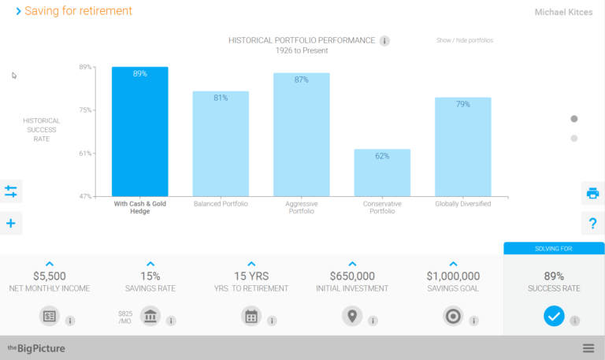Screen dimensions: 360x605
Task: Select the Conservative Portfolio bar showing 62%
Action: tap(382, 173)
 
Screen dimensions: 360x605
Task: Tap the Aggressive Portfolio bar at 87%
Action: tap(301, 135)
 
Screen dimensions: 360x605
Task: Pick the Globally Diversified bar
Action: tap(462, 147)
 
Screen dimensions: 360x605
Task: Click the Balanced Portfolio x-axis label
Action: tap(221, 204)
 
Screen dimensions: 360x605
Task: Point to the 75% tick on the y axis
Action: tap(85, 110)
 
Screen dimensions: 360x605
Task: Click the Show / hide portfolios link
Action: tap(464, 40)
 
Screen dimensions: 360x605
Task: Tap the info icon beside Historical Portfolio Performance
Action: tap(384, 41)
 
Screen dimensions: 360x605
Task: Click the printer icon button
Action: tap(592, 192)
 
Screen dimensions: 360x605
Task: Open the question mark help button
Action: tap(592, 224)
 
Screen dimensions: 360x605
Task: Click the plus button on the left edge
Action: tap(11, 224)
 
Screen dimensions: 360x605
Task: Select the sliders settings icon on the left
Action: tap(11, 191)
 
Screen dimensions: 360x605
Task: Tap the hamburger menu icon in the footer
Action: tap(588, 348)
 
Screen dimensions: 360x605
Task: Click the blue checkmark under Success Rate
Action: tap(554, 316)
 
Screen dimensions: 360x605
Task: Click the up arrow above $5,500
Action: tap(50, 264)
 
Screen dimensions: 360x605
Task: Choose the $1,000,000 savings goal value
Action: tap(453, 276)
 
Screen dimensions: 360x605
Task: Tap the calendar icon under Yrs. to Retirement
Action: tap(251, 317)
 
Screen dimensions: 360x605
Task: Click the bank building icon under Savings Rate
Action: tap(150, 317)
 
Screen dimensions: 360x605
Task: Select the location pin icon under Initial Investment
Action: tap(352, 317)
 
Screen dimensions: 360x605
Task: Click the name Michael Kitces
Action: tap(563, 13)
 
